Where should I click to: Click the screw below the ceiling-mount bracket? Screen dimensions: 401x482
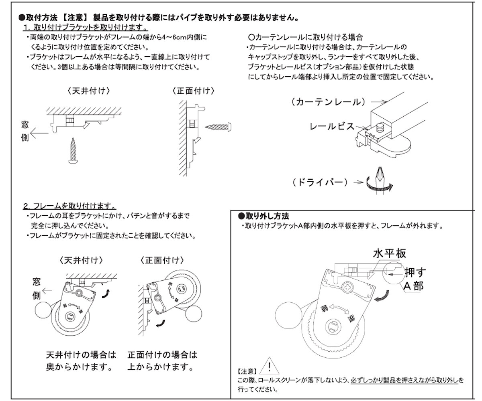pyautogui.click(x=74, y=150)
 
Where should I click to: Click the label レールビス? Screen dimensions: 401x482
pyautogui.click(x=332, y=126)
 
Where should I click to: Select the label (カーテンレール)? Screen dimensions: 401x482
pyautogui.click(x=329, y=102)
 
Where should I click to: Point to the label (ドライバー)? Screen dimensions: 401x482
pyautogui.click(x=320, y=182)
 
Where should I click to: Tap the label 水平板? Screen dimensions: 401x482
pyautogui.click(x=390, y=253)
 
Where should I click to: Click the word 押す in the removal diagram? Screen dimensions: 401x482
pyautogui.click(x=415, y=273)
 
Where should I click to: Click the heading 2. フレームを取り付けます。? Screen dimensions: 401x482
pyautogui.click(x=69, y=207)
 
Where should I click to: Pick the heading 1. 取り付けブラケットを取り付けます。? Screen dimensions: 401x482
pyautogui.click(x=86, y=28)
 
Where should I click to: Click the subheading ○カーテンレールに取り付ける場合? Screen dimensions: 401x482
pyautogui.click(x=306, y=37)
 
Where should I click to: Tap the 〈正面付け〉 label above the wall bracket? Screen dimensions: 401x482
pyautogui.click(x=193, y=91)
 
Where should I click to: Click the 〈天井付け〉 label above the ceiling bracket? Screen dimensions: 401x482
pyautogui.click(x=88, y=91)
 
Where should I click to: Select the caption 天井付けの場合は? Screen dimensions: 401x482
pyautogui.click(x=81, y=355)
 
